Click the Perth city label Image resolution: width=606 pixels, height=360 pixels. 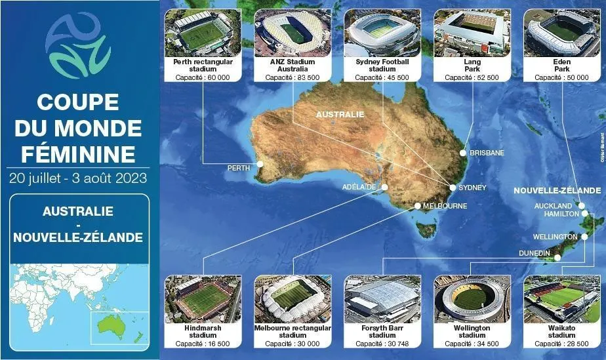(x=238, y=168)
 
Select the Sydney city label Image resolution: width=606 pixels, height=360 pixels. (x=472, y=188)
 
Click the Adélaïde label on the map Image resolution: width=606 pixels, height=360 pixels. (x=359, y=187)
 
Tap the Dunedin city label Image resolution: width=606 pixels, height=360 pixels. (x=535, y=252)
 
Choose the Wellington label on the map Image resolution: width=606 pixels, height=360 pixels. (x=555, y=237)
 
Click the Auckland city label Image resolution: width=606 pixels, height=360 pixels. (x=554, y=206)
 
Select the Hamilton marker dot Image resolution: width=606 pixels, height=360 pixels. (x=584, y=214)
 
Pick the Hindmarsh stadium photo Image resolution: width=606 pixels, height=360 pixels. (x=203, y=298)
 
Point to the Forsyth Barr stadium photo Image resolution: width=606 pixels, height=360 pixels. (x=382, y=298)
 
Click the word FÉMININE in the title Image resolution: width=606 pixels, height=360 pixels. (x=78, y=154)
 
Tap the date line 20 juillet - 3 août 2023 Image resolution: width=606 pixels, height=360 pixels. (x=78, y=178)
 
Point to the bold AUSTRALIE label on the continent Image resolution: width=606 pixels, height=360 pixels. (x=340, y=114)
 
